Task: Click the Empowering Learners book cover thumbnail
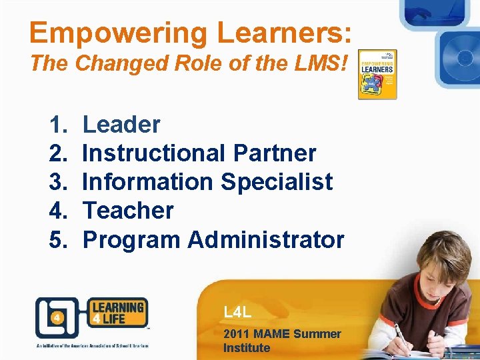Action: pyautogui.click(x=377, y=75)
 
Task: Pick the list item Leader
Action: pyautogui.click(x=121, y=124)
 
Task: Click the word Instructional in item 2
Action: pyautogui.click(x=154, y=153)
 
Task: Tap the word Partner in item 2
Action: pyautogui.click(x=275, y=153)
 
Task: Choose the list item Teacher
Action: pyautogui.click(x=127, y=210)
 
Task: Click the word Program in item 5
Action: pyautogui.click(x=131, y=239)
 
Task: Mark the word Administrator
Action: pyautogui.click(x=266, y=239)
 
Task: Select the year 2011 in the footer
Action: pyautogui.click(x=237, y=333)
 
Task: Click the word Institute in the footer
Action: pyautogui.click(x=247, y=347)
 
